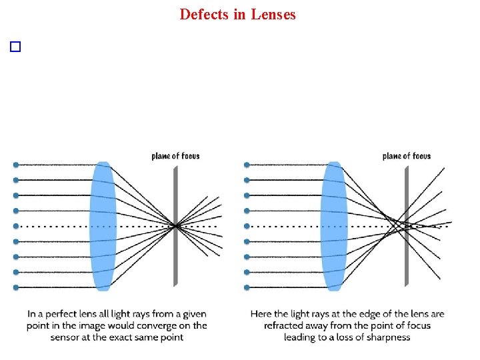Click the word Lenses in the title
(x=273, y=14)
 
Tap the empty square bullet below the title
(x=16, y=47)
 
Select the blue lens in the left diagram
(x=103, y=225)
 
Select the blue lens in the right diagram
(x=334, y=225)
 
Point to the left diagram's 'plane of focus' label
(x=175, y=156)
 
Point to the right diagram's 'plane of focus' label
(x=407, y=156)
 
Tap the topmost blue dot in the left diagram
(x=16, y=165)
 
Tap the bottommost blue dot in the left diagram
(x=16, y=287)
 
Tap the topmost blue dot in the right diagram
(x=247, y=165)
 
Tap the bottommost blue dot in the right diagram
(x=247, y=287)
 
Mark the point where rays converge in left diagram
(x=175, y=227)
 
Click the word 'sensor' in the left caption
(x=66, y=337)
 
